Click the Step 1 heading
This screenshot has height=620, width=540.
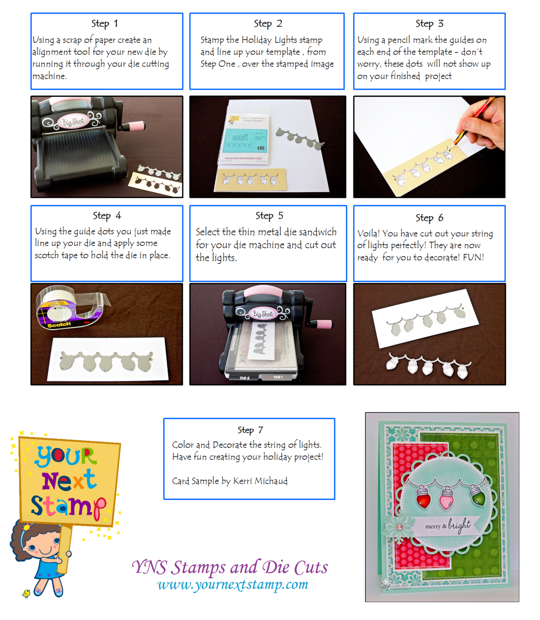pos(105,24)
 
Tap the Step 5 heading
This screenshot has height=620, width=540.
pos(269,215)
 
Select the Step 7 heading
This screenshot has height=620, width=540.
pos(250,430)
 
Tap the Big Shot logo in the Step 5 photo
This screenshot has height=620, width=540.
pos(263,313)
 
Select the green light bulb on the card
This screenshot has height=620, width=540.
pos(477,495)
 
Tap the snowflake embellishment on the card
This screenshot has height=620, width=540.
pos(399,527)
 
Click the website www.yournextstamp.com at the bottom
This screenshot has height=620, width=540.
pos(233,584)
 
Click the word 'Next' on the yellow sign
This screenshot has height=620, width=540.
pos(69,481)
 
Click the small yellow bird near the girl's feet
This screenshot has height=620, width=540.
pos(26,593)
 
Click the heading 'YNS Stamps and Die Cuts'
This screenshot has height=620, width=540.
pos(230,567)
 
